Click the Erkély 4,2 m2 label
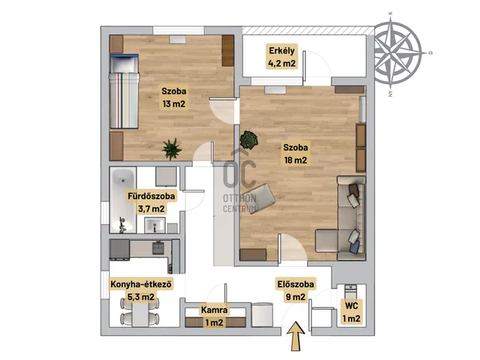click(x=282, y=57)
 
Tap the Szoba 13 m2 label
click(x=174, y=97)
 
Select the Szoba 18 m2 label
click(x=295, y=154)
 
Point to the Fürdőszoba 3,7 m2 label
click(x=151, y=202)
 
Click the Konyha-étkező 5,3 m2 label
click(x=141, y=290)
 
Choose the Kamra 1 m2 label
click(x=214, y=316)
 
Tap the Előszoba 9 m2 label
click(x=295, y=290)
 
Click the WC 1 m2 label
click(x=352, y=312)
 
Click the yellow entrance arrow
click(x=295, y=336)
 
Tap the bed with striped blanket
click(x=124, y=91)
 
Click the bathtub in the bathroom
click(x=123, y=200)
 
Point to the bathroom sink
click(x=154, y=225)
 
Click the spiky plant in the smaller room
click(x=172, y=148)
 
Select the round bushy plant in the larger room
click(x=248, y=140)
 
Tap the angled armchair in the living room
click(x=262, y=198)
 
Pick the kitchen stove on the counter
click(x=158, y=247)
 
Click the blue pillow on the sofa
click(x=354, y=247)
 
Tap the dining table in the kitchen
click(x=140, y=312)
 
